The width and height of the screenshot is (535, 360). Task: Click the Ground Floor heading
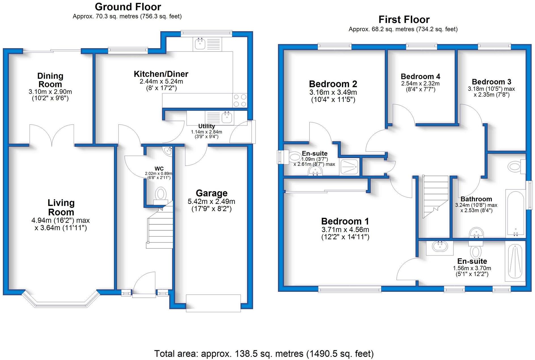pos(128,7)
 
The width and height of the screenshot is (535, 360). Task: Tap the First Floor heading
pos(404,20)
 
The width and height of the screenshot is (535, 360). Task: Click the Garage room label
pos(211,193)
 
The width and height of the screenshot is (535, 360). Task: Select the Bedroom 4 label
pos(420,76)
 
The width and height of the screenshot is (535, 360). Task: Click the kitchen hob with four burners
pos(240,101)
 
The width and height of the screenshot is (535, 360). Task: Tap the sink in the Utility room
pos(227,117)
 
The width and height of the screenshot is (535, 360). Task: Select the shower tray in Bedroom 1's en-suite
pos(515,261)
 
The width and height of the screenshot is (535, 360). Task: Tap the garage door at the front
pos(213,303)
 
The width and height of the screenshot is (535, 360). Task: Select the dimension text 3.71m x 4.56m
pos(345,230)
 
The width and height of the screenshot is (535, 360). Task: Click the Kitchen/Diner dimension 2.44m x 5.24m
pos(161,82)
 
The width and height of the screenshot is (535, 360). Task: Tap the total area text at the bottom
pos(264,354)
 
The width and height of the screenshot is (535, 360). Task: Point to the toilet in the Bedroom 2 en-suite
pos(295,157)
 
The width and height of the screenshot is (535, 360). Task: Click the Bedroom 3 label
pos(491,82)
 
